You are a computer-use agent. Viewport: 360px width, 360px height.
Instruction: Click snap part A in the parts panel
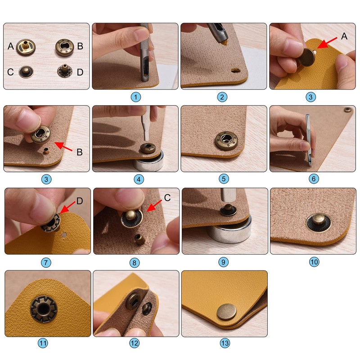click(26, 46)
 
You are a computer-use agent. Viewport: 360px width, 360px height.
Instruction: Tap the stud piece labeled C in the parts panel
click(26, 72)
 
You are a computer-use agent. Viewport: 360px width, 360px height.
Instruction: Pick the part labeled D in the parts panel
click(64, 72)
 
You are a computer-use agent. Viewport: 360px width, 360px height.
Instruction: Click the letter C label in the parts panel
click(10, 72)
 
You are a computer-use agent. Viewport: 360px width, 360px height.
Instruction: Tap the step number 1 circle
click(135, 96)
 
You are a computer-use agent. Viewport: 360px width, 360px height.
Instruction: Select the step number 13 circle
click(225, 343)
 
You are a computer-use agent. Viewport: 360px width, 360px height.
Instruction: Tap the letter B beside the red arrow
click(79, 152)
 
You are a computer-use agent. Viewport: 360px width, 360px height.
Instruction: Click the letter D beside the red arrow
click(80, 201)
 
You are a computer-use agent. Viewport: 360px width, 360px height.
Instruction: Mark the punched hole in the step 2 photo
click(234, 71)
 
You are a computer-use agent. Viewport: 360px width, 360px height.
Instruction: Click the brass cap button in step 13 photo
click(225, 311)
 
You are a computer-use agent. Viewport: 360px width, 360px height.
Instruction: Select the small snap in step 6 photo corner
click(347, 110)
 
